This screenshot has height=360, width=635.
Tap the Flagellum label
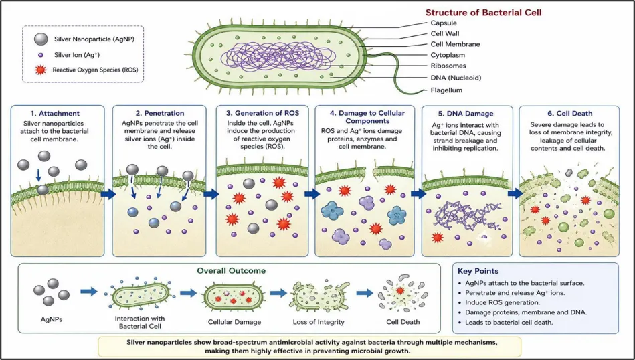(446, 90)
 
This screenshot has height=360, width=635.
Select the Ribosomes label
(448, 66)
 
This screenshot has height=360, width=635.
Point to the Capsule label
(444, 23)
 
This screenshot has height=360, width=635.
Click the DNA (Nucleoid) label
(456, 78)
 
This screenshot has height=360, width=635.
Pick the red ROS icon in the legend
(40, 70)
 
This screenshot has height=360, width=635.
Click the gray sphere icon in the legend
(41, 39)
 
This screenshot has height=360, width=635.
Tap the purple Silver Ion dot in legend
(41, 55)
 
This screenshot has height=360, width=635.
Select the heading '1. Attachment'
(55, 113)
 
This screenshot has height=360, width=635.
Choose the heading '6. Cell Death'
(569, 113)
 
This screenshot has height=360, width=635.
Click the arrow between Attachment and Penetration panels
(108, 195)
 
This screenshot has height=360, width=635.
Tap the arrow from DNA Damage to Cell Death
(515, 193)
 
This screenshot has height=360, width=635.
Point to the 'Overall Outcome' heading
(232, 270)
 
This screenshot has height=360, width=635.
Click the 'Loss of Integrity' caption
(319, 322)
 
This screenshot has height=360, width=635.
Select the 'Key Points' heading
(478, 271)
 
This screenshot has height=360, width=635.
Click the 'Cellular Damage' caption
(234, 322)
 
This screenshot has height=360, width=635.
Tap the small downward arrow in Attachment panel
(38, 175)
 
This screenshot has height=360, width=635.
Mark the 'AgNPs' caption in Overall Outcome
(52, 319)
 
